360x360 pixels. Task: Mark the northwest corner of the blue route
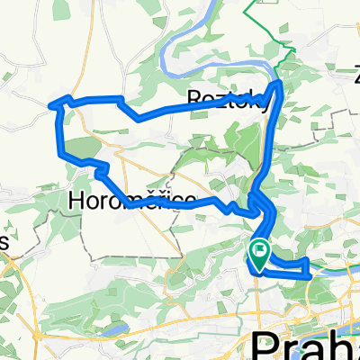coord(60,99)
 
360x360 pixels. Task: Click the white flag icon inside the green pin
coord(261,249)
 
